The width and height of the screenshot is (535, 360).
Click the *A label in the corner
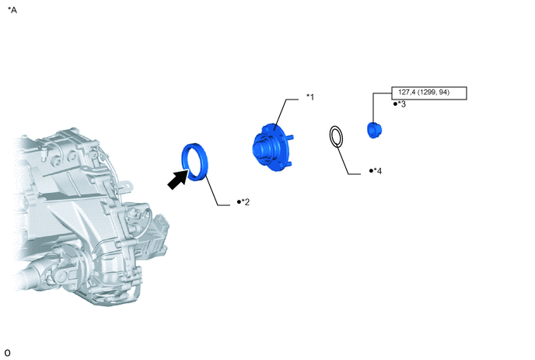pyautogui.click(x=12, y=10)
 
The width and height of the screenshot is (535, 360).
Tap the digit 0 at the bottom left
pyautogui.click(x=8, y=352)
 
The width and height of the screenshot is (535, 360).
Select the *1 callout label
pyautogui.click(x=310, y=97)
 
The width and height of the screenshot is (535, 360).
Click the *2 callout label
pyautogui.click(x=245, y=202)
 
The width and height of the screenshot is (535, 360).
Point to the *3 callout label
pyautogui.click(x=402, y=104)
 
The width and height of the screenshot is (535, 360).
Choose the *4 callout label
pyautogui.click(x=378, y=170)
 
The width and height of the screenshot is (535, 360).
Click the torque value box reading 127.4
pyautogui.click(x=429, y=93)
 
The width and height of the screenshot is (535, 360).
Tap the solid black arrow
pyautogui.click(x=178, y=180)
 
